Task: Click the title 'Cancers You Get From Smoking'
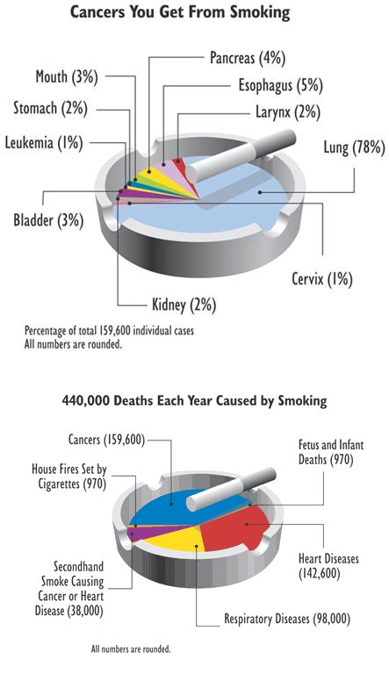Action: coord(180,12)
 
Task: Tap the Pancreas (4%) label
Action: coord(248,58)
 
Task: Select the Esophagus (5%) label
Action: coord(281,85)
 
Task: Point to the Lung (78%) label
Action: coord(355,147)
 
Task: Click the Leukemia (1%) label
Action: coord(44,142)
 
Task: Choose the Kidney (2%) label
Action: coord(184,304)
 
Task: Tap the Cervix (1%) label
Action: coord(322,279)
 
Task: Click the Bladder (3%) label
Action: coord(48,219)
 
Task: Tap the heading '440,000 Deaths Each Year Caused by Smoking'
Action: coord(194,400)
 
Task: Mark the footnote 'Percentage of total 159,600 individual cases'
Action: coord(109,330)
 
